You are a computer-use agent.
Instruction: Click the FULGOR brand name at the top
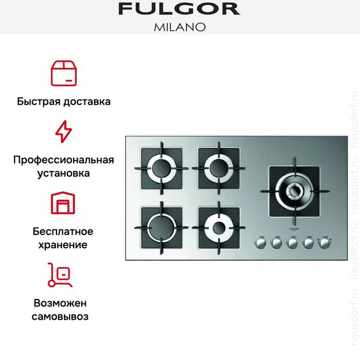point(179,9)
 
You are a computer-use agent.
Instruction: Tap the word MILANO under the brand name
point(179,26)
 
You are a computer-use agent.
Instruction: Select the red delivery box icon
point(63,73)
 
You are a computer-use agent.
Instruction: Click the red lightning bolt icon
point(63,132)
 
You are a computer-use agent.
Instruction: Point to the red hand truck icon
point(60,275)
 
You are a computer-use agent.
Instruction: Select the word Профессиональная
point(63,160)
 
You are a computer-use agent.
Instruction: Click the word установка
point(63,173)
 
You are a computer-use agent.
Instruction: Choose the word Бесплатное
point(63,232)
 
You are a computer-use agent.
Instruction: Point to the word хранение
point(63,245)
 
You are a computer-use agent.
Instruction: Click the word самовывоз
point(60,316)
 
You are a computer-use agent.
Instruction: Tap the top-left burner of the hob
point(161,169)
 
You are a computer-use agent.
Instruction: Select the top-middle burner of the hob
point(219,169)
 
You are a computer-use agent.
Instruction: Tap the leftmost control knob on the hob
point(260,244)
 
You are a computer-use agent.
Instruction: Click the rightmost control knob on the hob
point(325,244)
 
